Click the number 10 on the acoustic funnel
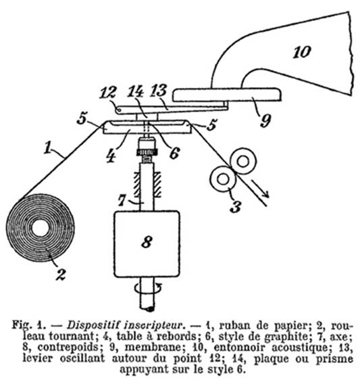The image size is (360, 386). [x=302, y=52]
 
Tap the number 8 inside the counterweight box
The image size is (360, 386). [x=147, y=242]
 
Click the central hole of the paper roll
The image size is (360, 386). [x=40, y=228]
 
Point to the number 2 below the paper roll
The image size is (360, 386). [x=61, y=274]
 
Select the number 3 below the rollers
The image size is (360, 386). [x=236, y=206]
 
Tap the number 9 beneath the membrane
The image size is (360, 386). [x=265, y=120]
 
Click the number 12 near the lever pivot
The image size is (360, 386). [x=107, y=93]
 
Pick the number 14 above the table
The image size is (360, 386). [x=136, y=92]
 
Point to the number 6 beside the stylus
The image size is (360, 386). [x=174, y=153]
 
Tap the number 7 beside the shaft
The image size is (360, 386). [x=122, y=200]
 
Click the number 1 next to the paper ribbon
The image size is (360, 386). [x=47, y=148]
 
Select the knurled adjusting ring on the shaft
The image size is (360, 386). [x=147, y=152]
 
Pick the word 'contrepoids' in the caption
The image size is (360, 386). [x=68, y=347]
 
